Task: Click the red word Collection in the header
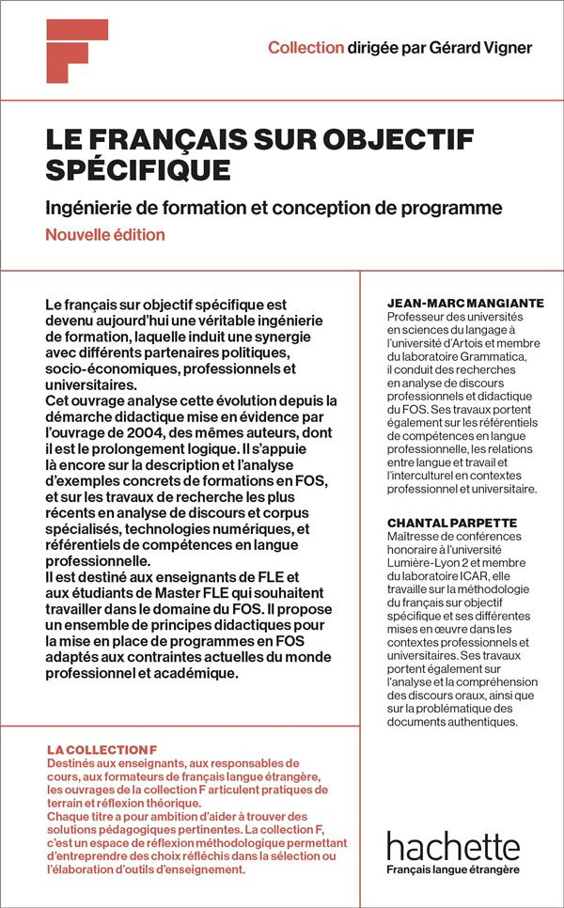click(305, 48)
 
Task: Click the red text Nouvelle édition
click(105, 235)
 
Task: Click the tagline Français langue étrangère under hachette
click(452, 870)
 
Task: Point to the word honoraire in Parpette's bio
click(417, 550)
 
